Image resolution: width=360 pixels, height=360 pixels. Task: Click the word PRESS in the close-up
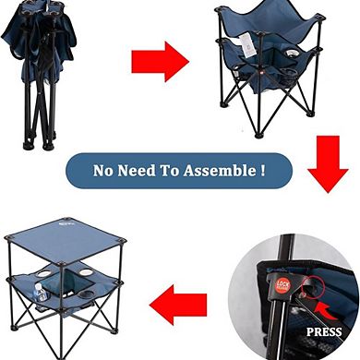click(x=324, y=331)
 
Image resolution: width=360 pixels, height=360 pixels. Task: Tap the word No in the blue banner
click(x=104, y=171)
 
